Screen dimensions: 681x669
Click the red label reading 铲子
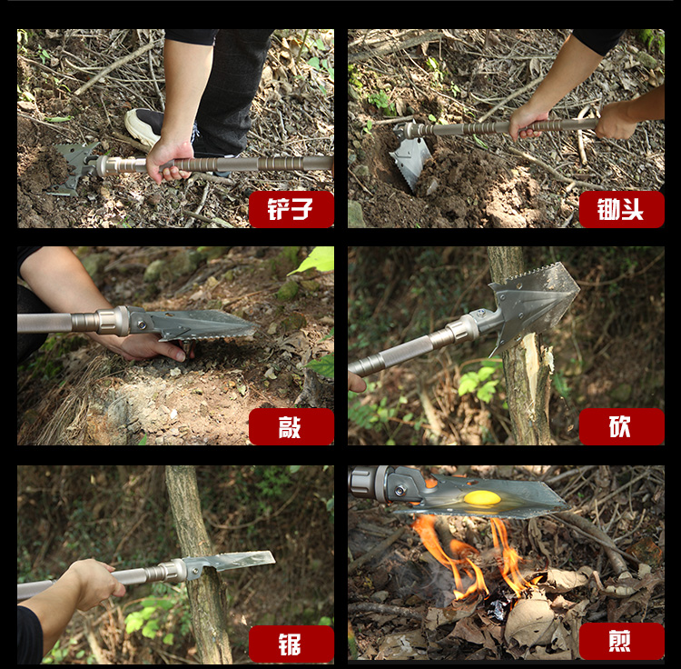tap(291, 209)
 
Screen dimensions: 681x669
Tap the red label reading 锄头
tap(621, 209)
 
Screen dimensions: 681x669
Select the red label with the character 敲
tap(291, 426)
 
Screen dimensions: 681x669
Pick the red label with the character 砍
tap(621, 426)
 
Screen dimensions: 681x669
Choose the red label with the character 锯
tap(291, 644)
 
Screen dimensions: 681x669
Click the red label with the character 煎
tap(621, 641)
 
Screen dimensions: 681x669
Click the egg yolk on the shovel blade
tap(481, 498)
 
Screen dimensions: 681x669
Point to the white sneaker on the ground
tap(143, 126)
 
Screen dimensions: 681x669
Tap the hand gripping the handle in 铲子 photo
tap(170, 160)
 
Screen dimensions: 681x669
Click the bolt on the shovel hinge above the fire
tap(400, 491)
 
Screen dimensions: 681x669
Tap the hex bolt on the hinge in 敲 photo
tap(142, 325)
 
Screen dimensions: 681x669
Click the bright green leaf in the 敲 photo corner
tap(315, 260)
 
